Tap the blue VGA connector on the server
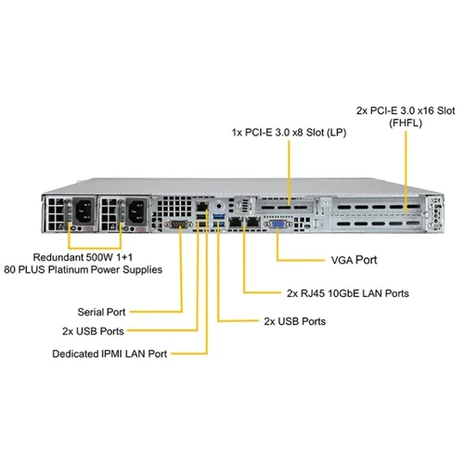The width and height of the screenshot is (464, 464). [x=277, y=223]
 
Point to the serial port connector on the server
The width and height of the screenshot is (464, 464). [x=174, y=224]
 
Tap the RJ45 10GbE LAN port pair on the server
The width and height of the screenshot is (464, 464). [x=242, y=223]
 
